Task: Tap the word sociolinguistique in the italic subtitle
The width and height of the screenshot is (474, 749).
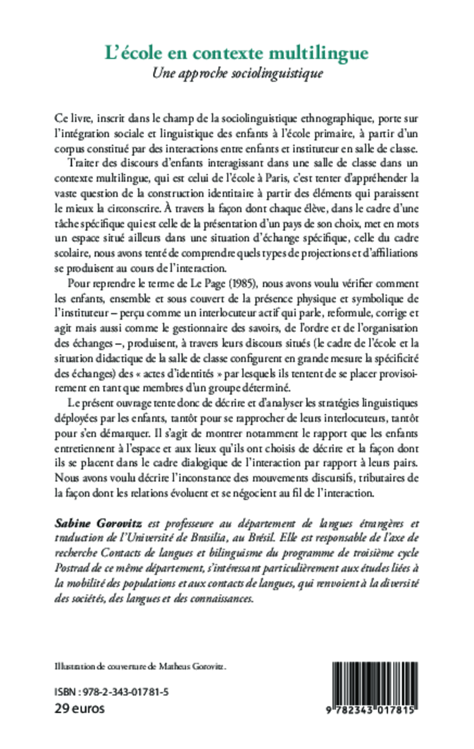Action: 278,73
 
